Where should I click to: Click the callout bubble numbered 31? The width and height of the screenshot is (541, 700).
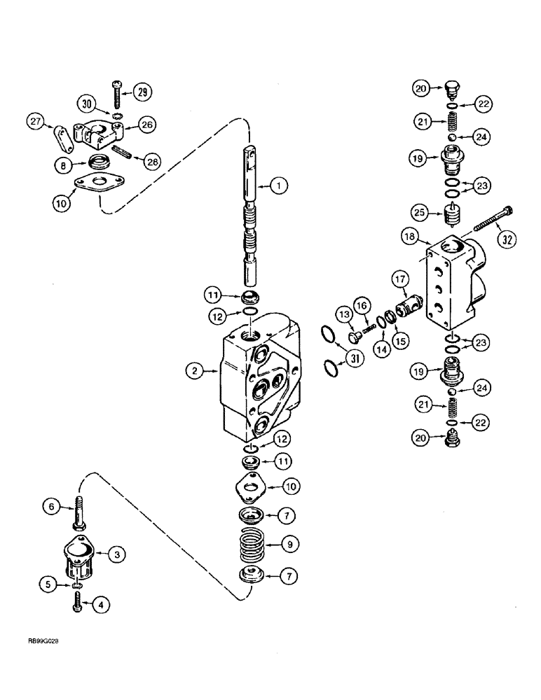(x=338, y=361)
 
